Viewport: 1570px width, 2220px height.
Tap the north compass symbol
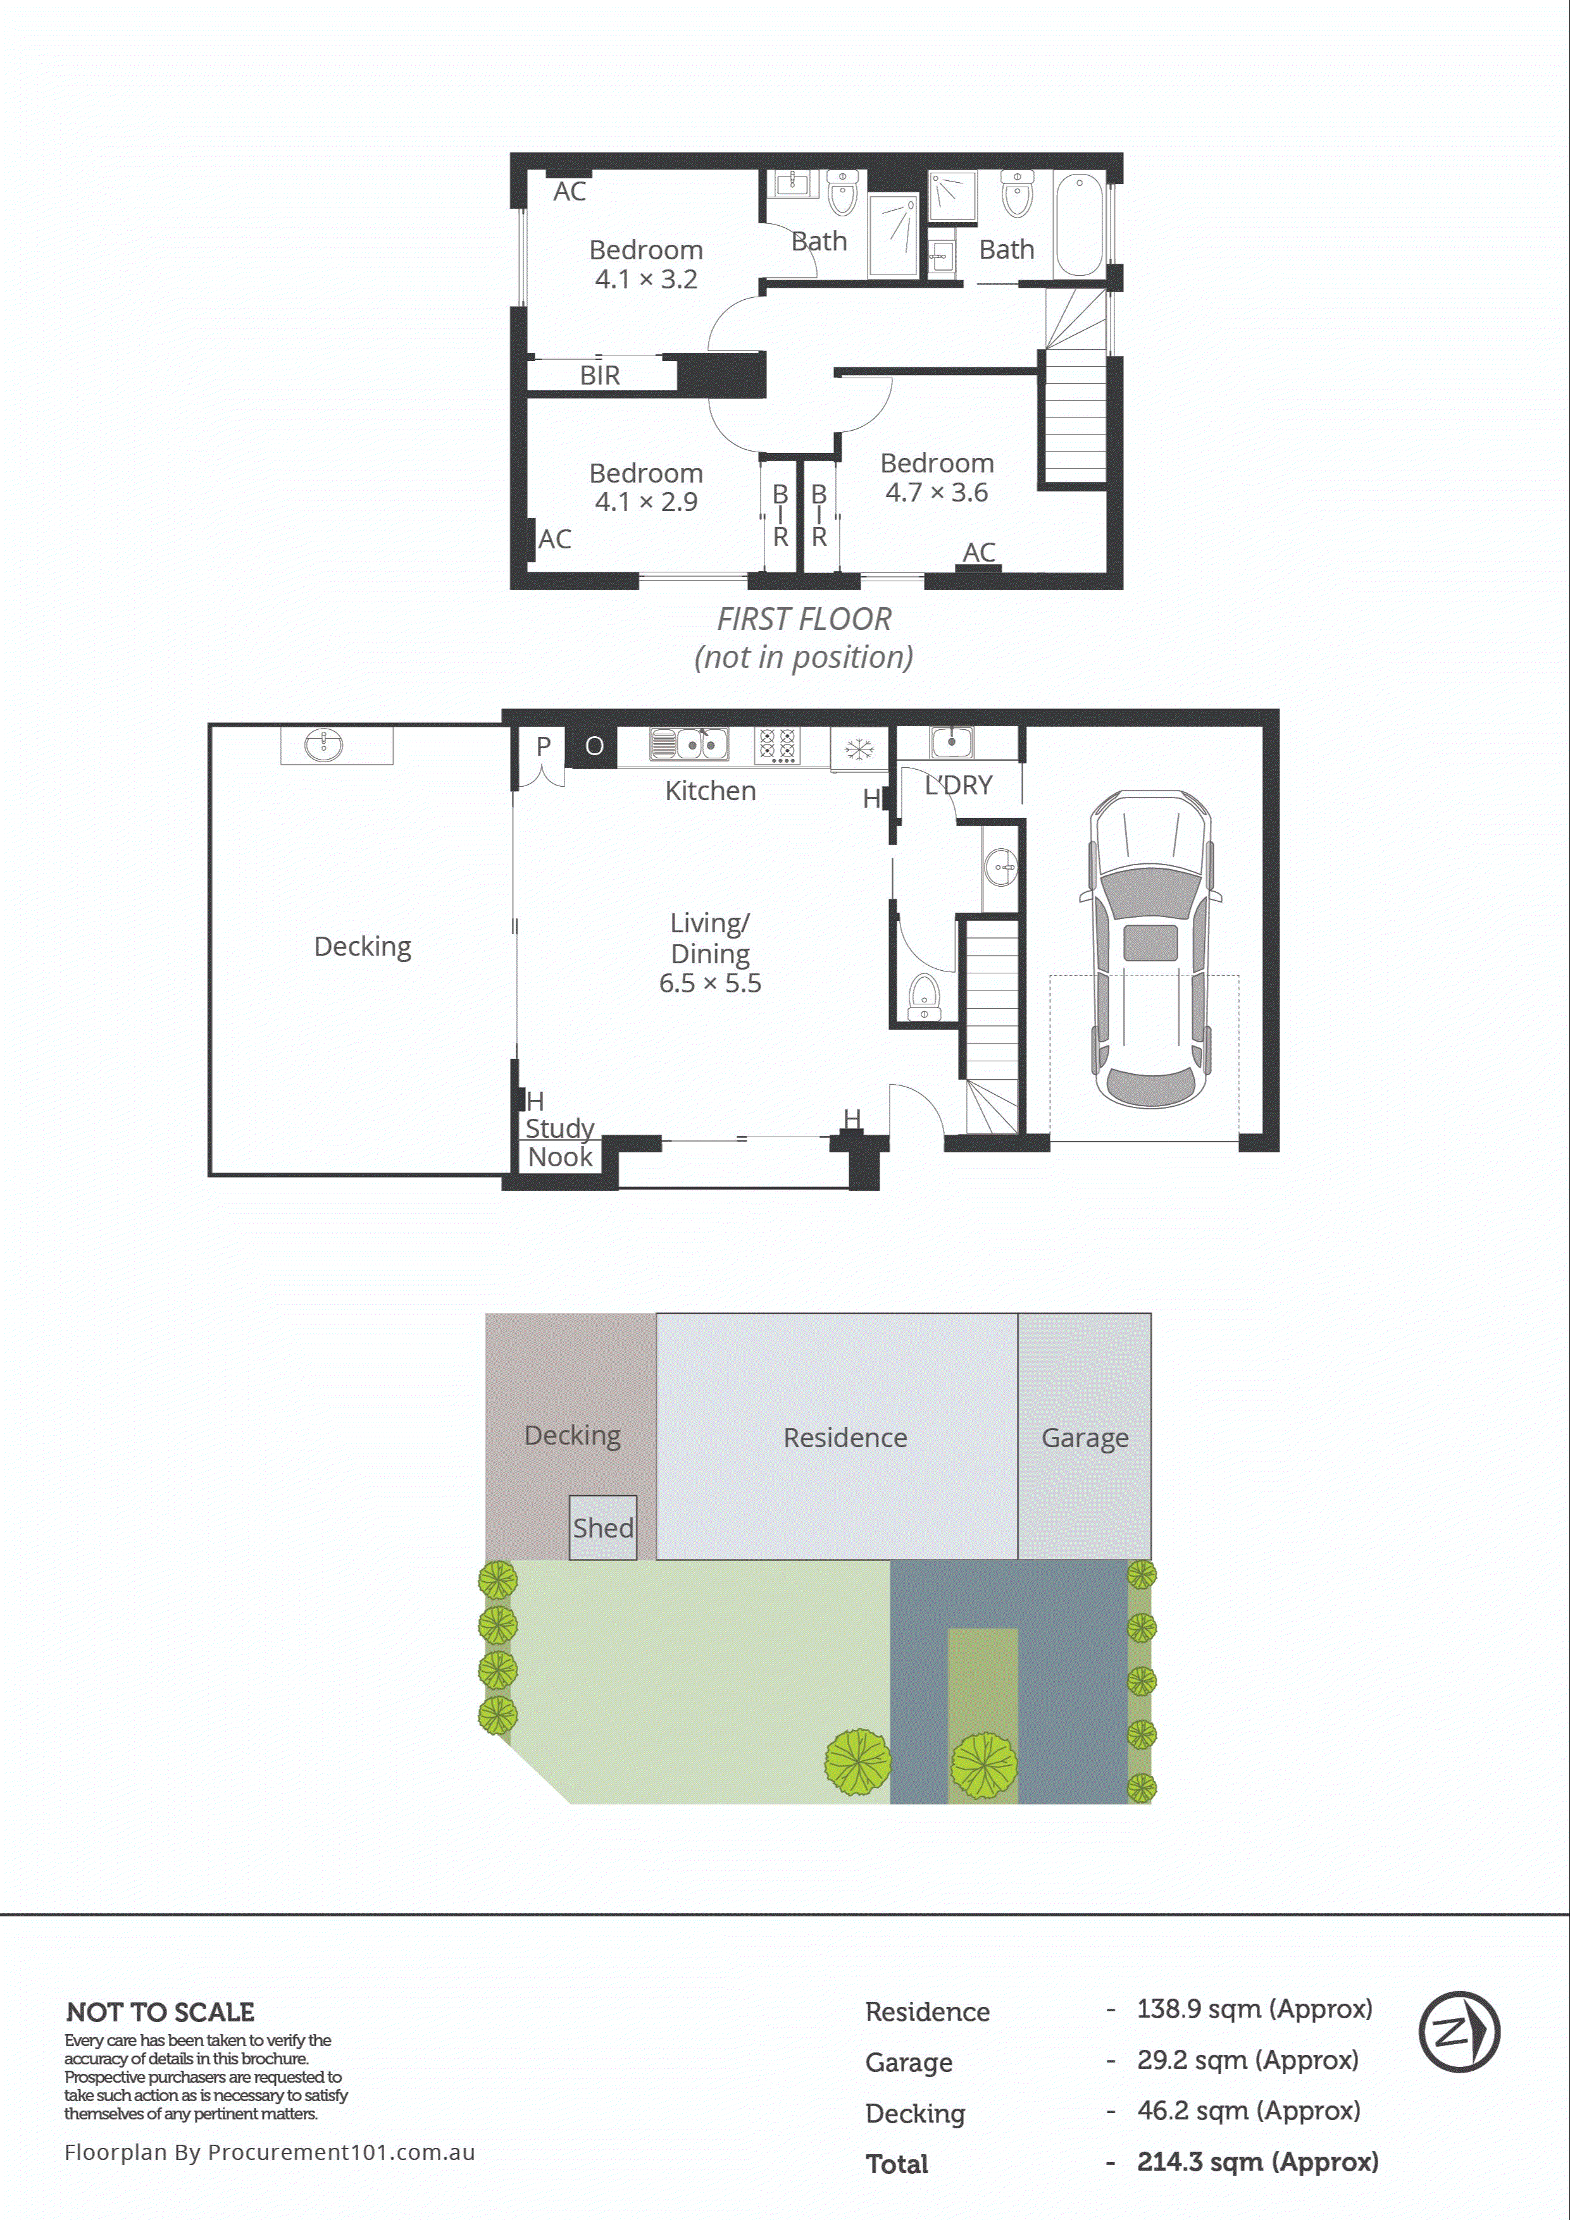click(1459, 2032)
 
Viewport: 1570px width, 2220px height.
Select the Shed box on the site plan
click(602, 1527)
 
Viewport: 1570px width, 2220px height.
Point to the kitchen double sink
click(688, 744)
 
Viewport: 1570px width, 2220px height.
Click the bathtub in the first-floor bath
click(1078, 225)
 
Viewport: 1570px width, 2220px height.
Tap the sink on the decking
click(323, 744)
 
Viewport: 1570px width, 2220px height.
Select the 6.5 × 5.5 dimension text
click(710, 984)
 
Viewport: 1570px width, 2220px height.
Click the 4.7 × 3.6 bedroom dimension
click(937, 492)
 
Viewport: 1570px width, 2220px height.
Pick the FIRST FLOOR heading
click(804, 619)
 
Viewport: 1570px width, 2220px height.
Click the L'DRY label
click(959, 785)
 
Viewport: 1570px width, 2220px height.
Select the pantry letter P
click(544, 746)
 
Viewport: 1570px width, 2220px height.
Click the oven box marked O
click(594, 746)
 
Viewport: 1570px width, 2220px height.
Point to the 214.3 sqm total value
click(1257, 2161)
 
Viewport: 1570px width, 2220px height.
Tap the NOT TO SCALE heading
click(161, 2012)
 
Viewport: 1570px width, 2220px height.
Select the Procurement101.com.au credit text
click(270, 2151)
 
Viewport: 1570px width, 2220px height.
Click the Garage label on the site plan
click(1085, 1438)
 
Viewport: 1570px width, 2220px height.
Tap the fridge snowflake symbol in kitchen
click(858, 748)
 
